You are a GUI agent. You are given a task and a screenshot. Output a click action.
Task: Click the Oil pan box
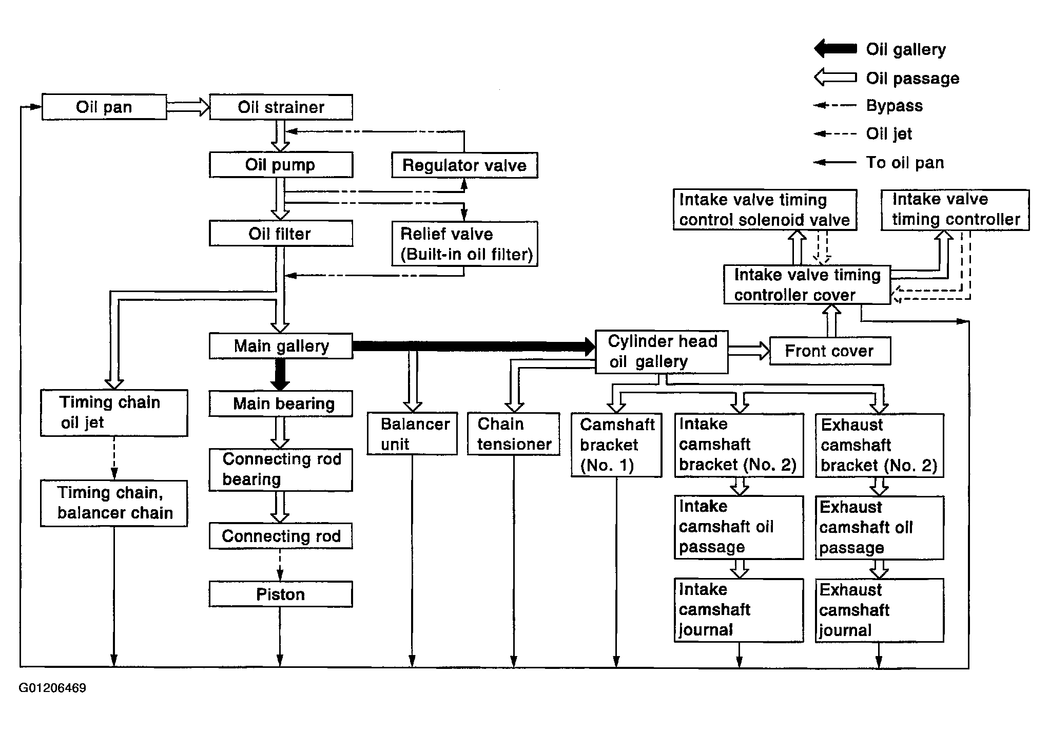[104, 107]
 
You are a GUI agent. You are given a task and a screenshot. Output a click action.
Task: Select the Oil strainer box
[281, 107]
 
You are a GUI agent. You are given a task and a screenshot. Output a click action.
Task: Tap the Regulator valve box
[464, 165]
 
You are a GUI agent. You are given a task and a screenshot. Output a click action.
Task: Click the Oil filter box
[281, 234]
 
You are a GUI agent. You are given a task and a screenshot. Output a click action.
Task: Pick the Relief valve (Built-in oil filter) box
[464, 244]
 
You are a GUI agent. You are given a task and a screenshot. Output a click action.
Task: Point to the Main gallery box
[281, 346]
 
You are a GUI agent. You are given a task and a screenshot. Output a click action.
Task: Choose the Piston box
[281, 594]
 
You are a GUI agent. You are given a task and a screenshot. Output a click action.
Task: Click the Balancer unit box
[412, 434]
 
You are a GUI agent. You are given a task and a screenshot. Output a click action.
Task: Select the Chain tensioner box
[513, 434]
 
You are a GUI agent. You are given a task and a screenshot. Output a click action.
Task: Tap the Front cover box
[830, 351]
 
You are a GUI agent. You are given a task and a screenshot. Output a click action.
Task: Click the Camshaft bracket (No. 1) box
[616, 445]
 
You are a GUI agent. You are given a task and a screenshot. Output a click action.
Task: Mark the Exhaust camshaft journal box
[879, 610]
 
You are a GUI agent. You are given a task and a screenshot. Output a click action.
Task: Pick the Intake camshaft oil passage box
[739, 527]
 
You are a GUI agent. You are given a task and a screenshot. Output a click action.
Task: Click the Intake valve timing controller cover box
[807, 284]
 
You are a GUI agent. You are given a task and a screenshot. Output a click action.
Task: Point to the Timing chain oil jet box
[114, 413]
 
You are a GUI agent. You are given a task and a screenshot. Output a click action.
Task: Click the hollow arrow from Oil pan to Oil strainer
[188, 107]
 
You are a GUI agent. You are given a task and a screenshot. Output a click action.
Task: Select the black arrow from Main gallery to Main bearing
[280, 375]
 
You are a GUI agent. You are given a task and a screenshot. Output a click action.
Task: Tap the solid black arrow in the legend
[835, 49]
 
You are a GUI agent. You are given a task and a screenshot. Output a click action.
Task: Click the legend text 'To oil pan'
[905, 163]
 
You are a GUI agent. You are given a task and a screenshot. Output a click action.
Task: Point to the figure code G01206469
[52, 688]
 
